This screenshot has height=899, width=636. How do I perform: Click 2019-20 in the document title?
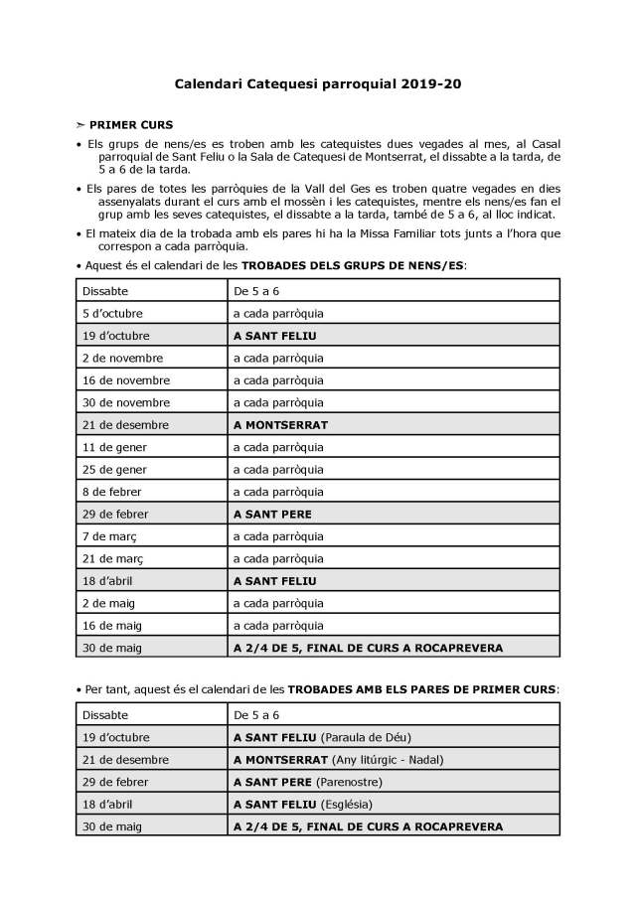click(431, 85)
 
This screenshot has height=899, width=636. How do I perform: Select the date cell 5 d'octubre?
click(112, 313)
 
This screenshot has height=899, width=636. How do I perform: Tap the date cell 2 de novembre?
click(122, 358)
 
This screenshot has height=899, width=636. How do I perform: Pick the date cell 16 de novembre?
click(125, 379)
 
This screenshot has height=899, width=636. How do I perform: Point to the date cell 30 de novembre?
click(125, 402)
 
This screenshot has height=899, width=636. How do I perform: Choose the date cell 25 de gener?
click(113, 469)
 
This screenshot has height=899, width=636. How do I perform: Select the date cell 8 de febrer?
click(111, 492)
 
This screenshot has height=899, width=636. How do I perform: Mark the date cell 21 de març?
click(112, 558)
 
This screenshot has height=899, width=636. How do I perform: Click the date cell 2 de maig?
click(108, 603)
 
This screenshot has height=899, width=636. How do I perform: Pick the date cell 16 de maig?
click(111, 626)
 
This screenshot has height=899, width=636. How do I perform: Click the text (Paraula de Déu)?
click(366, 737)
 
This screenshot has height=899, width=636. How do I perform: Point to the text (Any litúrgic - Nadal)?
click(390, 760)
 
